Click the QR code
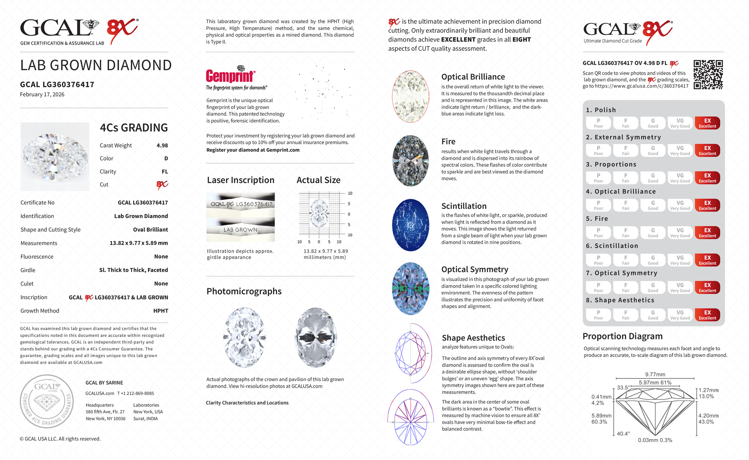click(708, 75)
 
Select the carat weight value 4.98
click(162, 145)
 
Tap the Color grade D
click(166, 158)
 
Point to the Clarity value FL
click(165, 172)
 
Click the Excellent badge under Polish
click(707, 123)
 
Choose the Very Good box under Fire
click(680, 233)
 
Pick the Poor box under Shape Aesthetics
click(598, 315)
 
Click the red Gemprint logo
click(230, 76)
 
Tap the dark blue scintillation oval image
click(411, 225)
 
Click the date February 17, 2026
click(42, 95)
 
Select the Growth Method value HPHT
click(161, 311)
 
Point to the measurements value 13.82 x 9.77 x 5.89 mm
click(139, 243)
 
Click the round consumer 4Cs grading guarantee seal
click(47, 401)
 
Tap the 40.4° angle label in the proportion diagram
click(623, 434)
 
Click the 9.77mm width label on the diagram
click(655, 374)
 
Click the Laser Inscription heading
click(240, 180)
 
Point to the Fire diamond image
click(411, 160)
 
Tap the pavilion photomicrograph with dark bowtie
click(316, 337)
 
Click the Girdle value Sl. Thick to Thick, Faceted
click(133, 270)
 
